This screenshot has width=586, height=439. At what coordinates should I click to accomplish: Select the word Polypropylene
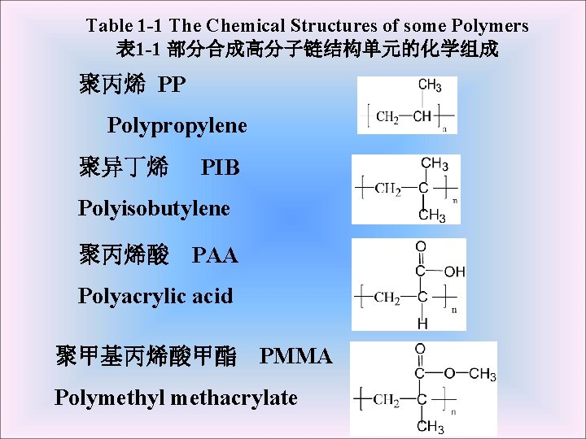tap(177, 126)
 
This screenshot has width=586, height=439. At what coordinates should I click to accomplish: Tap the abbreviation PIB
tap(220, 168)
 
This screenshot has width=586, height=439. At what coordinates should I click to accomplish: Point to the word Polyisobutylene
tap(154, 208)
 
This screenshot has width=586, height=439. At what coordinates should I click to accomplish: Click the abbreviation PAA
tap(215, 256)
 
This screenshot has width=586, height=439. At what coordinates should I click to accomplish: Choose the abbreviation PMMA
tap(295, 356)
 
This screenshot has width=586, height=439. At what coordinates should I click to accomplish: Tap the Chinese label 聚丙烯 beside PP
tap(112, 85)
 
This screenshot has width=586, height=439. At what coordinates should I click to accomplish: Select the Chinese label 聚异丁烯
tap(124, 168)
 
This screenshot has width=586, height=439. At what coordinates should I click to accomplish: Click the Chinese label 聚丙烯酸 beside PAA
tap(124, 256)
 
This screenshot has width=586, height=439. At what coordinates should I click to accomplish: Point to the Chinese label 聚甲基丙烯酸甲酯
tap(146, 356)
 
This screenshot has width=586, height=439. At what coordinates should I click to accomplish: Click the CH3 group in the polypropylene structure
tap(429, 85)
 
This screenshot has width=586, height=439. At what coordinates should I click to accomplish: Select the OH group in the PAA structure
tap(454, 272)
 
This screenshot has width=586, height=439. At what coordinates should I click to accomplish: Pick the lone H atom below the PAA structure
tap(422, 323)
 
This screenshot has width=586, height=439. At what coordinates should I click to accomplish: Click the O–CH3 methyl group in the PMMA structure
tap(482, 375)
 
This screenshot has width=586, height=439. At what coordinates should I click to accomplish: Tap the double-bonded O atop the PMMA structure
tap(420, 349)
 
